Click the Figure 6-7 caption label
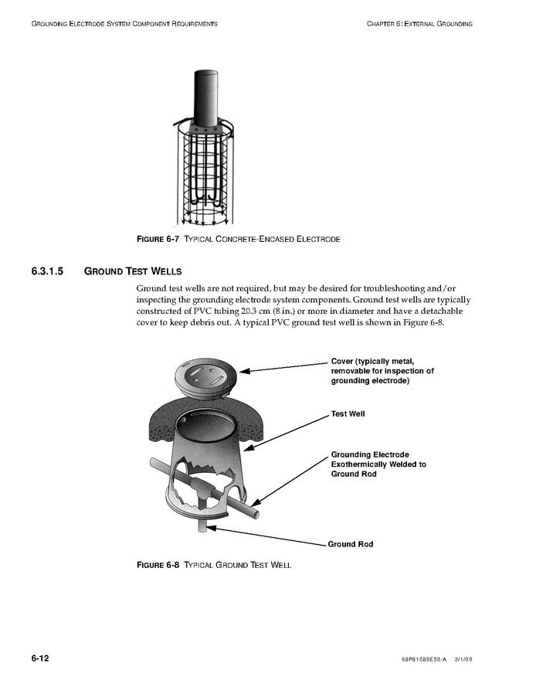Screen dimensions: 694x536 [x=158, y=239]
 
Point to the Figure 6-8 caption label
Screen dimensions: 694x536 [x=158, y=565]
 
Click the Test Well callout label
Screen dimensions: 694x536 [x=348, y=414]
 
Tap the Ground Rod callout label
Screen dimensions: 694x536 [x=351, y=544]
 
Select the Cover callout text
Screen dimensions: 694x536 [x=382, y=371]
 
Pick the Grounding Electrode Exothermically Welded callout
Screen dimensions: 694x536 [x=378, y=464]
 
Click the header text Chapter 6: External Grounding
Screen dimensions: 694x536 [x=419, y=24]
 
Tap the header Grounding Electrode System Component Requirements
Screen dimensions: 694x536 [x=124, y=24]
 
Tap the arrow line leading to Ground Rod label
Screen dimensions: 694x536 [x=270, y=537]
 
